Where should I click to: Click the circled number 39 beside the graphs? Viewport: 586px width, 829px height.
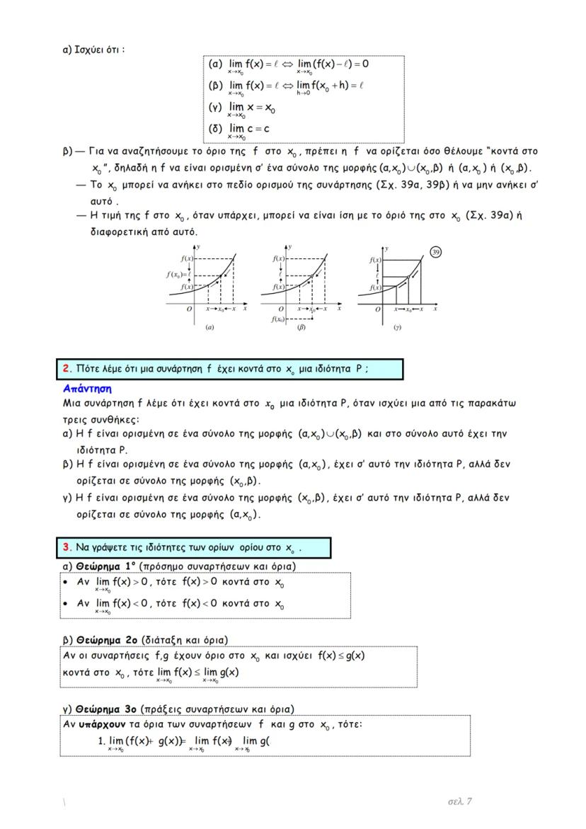[436, 252]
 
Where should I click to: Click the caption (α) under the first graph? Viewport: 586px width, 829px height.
[209, 328]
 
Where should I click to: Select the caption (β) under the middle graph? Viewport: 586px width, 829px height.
[301, 328]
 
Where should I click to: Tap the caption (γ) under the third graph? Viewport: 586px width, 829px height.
[398, 328]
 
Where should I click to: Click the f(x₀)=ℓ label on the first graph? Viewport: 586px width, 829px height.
[176, 273]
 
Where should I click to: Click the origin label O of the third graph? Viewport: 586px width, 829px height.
[377, 309]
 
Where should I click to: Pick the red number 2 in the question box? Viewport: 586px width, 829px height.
[66, 369]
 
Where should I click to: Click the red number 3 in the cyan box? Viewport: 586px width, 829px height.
[66, 548]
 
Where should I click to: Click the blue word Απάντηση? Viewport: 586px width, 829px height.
[87, 389]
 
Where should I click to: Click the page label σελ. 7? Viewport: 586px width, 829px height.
[460, 801]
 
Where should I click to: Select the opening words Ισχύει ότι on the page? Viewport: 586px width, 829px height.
[100, 50]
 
